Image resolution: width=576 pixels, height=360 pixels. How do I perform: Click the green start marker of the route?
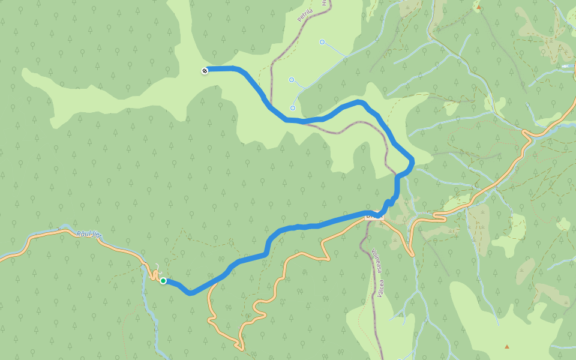(163, 281)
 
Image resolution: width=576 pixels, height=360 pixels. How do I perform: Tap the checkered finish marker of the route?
(205, 71)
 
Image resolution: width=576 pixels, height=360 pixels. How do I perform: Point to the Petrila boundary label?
(307, 13)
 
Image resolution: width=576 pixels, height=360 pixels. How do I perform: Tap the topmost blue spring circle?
(322, 42)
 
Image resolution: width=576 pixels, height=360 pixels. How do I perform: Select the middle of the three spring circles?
(292, 80)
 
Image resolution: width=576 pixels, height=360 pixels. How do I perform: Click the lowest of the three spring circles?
(293, 108)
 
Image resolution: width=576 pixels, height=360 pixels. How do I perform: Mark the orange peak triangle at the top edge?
(479, 8)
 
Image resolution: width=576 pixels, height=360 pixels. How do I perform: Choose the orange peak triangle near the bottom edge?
(507, 346)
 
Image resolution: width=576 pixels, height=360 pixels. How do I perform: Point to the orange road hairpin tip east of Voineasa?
(413, 255)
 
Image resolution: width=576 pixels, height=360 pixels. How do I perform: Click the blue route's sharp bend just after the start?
(190, 293)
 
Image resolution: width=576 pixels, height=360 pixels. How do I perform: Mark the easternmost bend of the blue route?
(412, 161)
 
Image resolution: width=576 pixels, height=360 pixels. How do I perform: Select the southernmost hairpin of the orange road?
(241, 347)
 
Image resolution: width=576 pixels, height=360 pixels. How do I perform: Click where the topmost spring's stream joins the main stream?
(346, 57)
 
